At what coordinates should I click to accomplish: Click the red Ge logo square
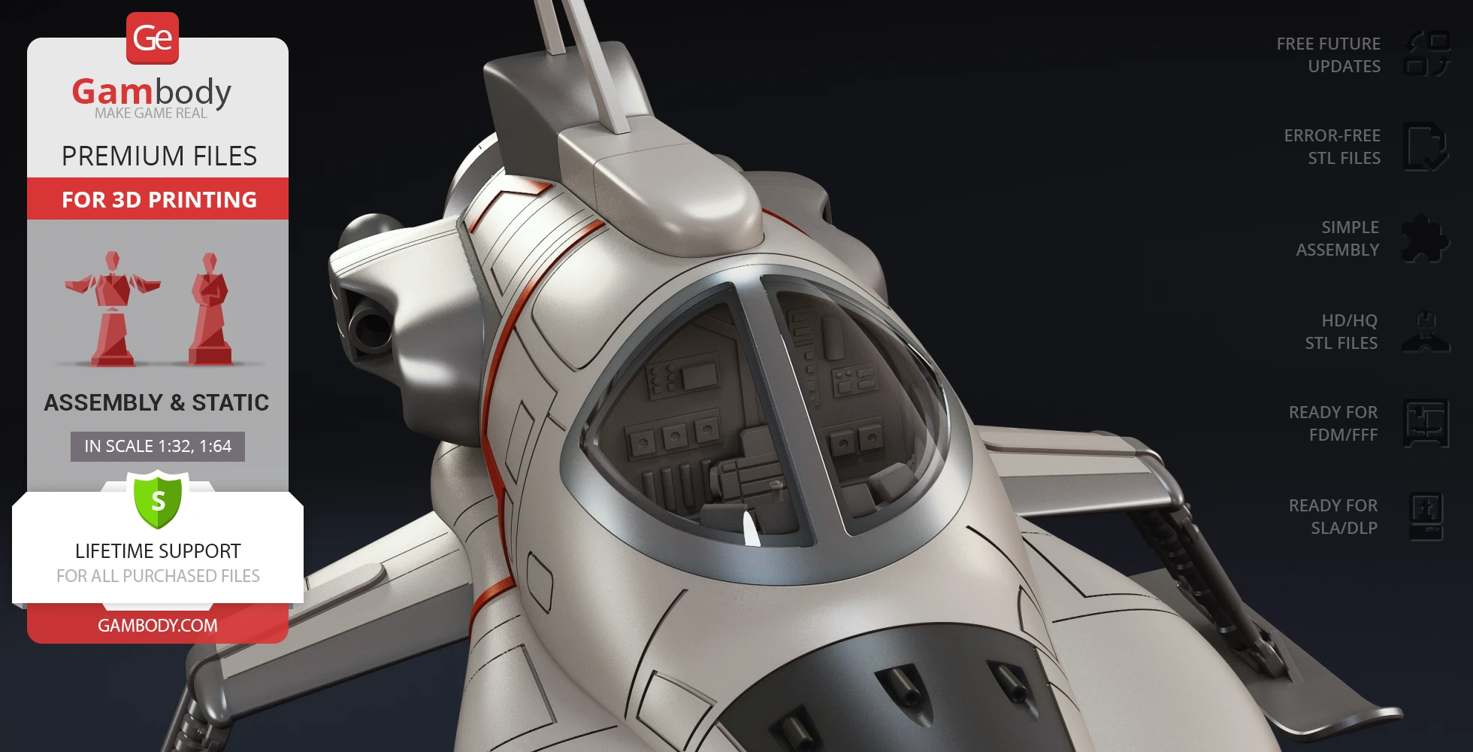(153, 38)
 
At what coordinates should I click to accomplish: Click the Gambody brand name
(152, 92)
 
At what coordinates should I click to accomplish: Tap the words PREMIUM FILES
(159, 156)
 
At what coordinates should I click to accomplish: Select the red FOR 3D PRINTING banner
(158, 199)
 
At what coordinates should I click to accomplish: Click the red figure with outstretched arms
(113, 308)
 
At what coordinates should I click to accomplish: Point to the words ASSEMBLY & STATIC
(156, 402)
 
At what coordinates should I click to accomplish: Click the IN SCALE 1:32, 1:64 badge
(158, 446)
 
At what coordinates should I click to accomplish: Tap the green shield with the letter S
(158, 500)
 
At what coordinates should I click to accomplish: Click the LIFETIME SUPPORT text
(158, 551)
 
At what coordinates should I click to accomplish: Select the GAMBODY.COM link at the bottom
(158, 625)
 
